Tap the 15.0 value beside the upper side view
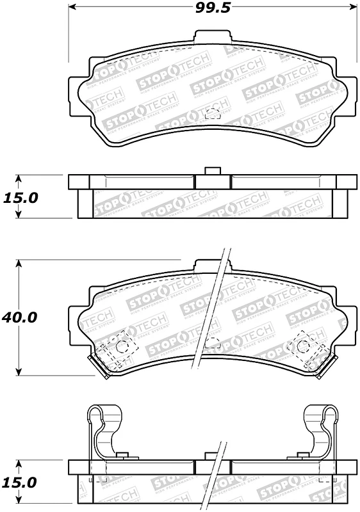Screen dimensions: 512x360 pos(20,198)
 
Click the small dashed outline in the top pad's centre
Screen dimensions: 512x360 pos(213,114)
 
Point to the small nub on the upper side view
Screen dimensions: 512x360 pos(211,171)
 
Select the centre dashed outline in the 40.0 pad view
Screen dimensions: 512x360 pos(212,344)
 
